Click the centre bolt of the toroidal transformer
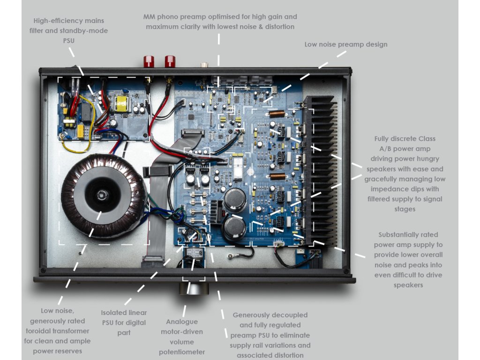[x=101, y=194]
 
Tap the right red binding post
[x=169, y=61]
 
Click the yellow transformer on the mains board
[x=123, y=104]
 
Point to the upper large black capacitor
[x=235, y=199]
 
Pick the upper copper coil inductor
[x=277, y=113]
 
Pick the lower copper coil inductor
[x=277, y=176]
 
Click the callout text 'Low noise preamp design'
[x=346, y=45]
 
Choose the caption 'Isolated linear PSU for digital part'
[x=124, y=322]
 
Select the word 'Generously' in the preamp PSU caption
[x=257, y=315]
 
